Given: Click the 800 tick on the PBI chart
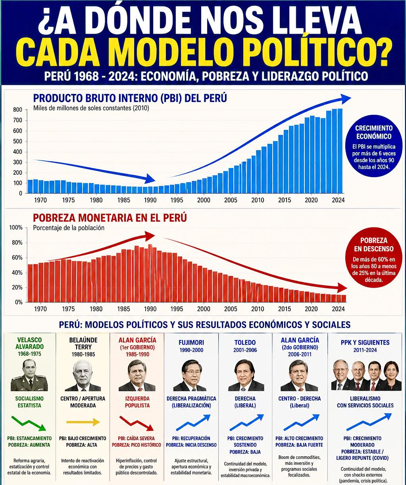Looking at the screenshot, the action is pos(18,110).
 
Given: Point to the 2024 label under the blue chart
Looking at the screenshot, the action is pos(338,200).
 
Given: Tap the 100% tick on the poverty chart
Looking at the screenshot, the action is pos(16,227).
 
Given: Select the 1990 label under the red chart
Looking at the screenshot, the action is pos(150,309).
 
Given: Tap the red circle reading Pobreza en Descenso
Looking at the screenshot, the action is pos(374,258).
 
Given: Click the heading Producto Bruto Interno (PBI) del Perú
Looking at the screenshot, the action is pos(130,98).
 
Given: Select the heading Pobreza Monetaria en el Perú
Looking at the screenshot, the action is pos(110,218).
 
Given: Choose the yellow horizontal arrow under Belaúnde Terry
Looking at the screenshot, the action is pos(83,422).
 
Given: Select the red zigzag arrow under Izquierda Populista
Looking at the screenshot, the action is pos(137,424).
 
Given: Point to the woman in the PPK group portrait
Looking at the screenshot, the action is pos(392,377).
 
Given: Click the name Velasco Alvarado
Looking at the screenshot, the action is pos(29,343).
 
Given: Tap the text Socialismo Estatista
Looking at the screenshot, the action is pos(29,402).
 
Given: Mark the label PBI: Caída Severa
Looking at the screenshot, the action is pos(137,438).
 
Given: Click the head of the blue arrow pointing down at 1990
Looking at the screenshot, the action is pos(151,179).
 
